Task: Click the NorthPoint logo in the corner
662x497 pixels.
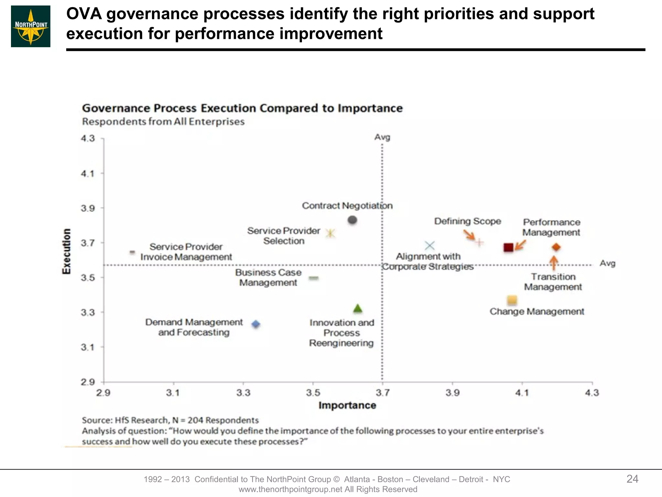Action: [31, 27]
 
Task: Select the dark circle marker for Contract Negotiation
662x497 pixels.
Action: [352, 220]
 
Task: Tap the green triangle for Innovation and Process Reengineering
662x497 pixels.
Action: [358, 309]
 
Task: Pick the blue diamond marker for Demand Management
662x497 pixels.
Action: [256, 324]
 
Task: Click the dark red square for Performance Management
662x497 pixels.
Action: [508, 248]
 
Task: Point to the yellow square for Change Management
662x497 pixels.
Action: [512, 300]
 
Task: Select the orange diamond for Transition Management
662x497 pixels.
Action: [556, 248]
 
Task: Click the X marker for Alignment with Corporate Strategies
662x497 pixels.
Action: [430, 246]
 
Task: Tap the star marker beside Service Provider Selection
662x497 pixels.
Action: [330, 233]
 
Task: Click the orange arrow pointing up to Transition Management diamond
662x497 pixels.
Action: [554, 263]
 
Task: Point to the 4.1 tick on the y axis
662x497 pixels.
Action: [88, 174]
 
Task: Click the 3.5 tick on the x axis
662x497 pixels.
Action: [313, 393]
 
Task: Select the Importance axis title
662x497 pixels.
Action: [347, 405]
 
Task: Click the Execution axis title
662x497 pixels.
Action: [66, 251]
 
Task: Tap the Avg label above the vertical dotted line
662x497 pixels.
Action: [382, 137]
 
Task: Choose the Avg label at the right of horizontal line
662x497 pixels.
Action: [607, 263]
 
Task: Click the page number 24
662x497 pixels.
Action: [632, 479]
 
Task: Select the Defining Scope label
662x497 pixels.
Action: [467, 221]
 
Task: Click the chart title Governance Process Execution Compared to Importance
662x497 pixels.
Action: [242, 108]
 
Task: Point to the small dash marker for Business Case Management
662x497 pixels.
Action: [314, 278]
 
